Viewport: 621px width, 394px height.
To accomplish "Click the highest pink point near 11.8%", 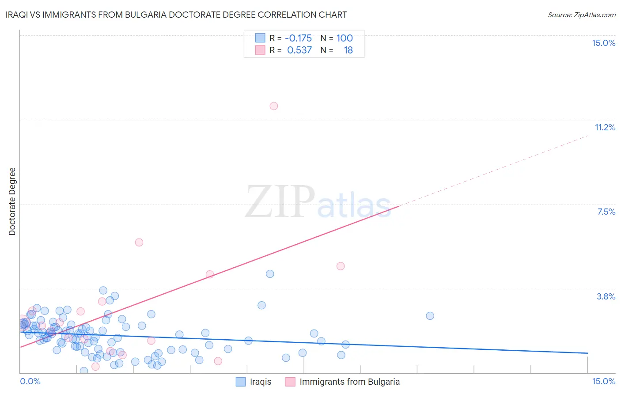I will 274,106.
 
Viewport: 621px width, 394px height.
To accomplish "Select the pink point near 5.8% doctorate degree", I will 139,242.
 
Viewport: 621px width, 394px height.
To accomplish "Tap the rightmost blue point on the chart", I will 430,316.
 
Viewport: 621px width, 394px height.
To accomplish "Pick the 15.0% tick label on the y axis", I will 603,43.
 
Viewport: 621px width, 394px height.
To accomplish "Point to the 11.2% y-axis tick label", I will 605,127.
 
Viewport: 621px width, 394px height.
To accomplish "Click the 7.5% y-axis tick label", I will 606,212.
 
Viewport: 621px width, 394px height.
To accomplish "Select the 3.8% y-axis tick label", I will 606,296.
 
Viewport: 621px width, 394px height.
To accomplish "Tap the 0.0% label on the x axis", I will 30,381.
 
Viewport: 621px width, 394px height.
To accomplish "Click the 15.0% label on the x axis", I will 603,381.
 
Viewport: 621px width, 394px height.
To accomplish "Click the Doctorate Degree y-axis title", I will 12,201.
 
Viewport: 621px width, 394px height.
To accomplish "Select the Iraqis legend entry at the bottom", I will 260,382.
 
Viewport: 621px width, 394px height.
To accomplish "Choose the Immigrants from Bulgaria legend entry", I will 349,382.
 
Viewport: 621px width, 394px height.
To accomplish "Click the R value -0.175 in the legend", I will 298,38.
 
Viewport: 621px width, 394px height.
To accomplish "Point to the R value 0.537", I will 299,50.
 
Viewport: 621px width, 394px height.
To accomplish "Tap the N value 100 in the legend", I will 345,38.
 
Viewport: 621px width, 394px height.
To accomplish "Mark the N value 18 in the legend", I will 348,50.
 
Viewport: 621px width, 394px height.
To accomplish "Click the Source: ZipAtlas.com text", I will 581,15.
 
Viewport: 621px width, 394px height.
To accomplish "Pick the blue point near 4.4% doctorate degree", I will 270,274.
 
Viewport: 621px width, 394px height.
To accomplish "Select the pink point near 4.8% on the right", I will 341,266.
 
